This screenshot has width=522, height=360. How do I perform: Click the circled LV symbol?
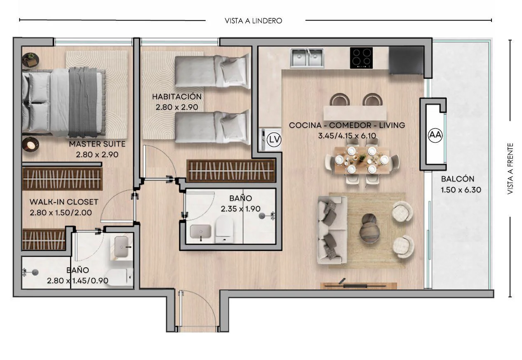(x=274, y=139)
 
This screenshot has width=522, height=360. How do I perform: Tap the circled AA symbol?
(x=435, y=135)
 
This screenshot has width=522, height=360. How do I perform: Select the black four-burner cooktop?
(x=361, y=58)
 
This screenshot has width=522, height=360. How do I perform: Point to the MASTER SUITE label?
(x=97, y=144)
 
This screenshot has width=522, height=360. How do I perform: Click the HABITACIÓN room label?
(x=177, y=96)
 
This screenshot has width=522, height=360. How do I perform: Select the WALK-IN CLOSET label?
(x=64, y=202)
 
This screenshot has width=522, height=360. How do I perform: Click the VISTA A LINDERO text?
(x=254, y=21)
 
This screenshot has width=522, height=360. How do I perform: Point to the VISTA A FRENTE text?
(x=510, y=169)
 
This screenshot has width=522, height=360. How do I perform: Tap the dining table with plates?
(x=362, y=160)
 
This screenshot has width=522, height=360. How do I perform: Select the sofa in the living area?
(x=332, y=230)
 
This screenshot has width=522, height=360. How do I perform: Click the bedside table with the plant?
(x=31, y=60)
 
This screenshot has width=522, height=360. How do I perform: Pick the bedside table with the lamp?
(x=31, y=144)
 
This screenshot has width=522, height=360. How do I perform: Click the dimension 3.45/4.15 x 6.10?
(x=347, y=136)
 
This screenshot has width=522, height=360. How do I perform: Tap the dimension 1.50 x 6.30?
(x=461, y=190)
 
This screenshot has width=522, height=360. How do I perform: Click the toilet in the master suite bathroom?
(x=119, y=278)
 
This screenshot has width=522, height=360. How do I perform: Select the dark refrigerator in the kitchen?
(x=406, y=61)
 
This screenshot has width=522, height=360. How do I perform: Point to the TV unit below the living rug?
(x=359, y=286)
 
